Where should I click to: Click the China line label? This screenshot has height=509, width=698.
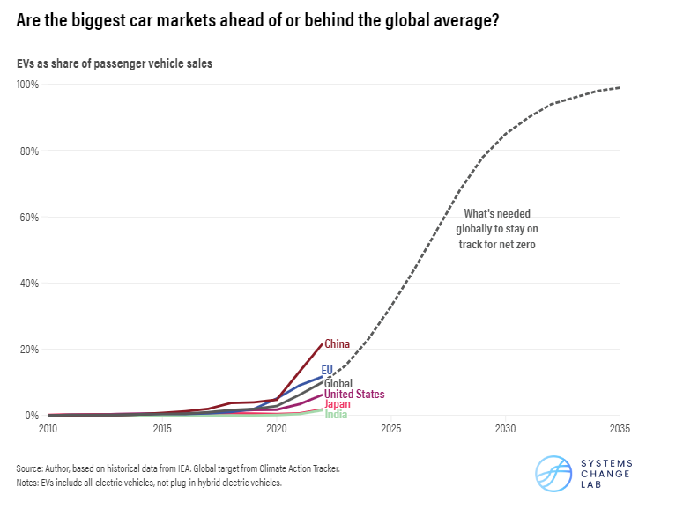(338, 344)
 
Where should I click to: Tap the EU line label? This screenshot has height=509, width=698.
(327, 371)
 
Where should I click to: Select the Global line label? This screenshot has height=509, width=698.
(338, 384)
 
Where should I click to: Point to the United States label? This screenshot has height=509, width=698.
(354, 395)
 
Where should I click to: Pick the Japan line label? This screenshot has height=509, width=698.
(338, 404)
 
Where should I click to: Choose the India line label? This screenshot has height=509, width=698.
(336, 414)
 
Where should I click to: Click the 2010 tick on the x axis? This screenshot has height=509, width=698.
(48, 430)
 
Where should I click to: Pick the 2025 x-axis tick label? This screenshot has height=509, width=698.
(391, 430)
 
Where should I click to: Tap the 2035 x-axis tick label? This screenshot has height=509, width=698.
(619, 430)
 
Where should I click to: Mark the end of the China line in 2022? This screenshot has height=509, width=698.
(322, 343)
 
